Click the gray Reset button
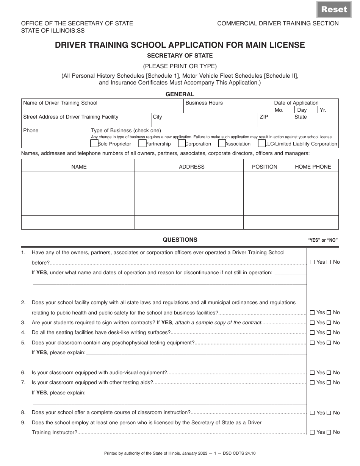tap(334, 9)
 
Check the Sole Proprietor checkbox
tap(94, 143)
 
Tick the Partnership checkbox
tap(142, 143)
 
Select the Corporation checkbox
tap(182, 143)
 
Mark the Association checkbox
tap(222, 143)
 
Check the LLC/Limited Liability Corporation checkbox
tap(261, 143)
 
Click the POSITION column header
tap(265, 167)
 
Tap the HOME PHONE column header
tap(313, 167)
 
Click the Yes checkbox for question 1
tap(312, 262)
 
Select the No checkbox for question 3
tap(329, 323)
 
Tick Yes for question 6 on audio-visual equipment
tap(312, 373)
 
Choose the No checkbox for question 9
tap(329, 432)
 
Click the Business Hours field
tap(227, 108)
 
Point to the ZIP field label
tap(264, 117)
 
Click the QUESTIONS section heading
tap(180, 240)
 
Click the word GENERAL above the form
tap(180, 94)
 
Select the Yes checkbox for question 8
tap(312, 413)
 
